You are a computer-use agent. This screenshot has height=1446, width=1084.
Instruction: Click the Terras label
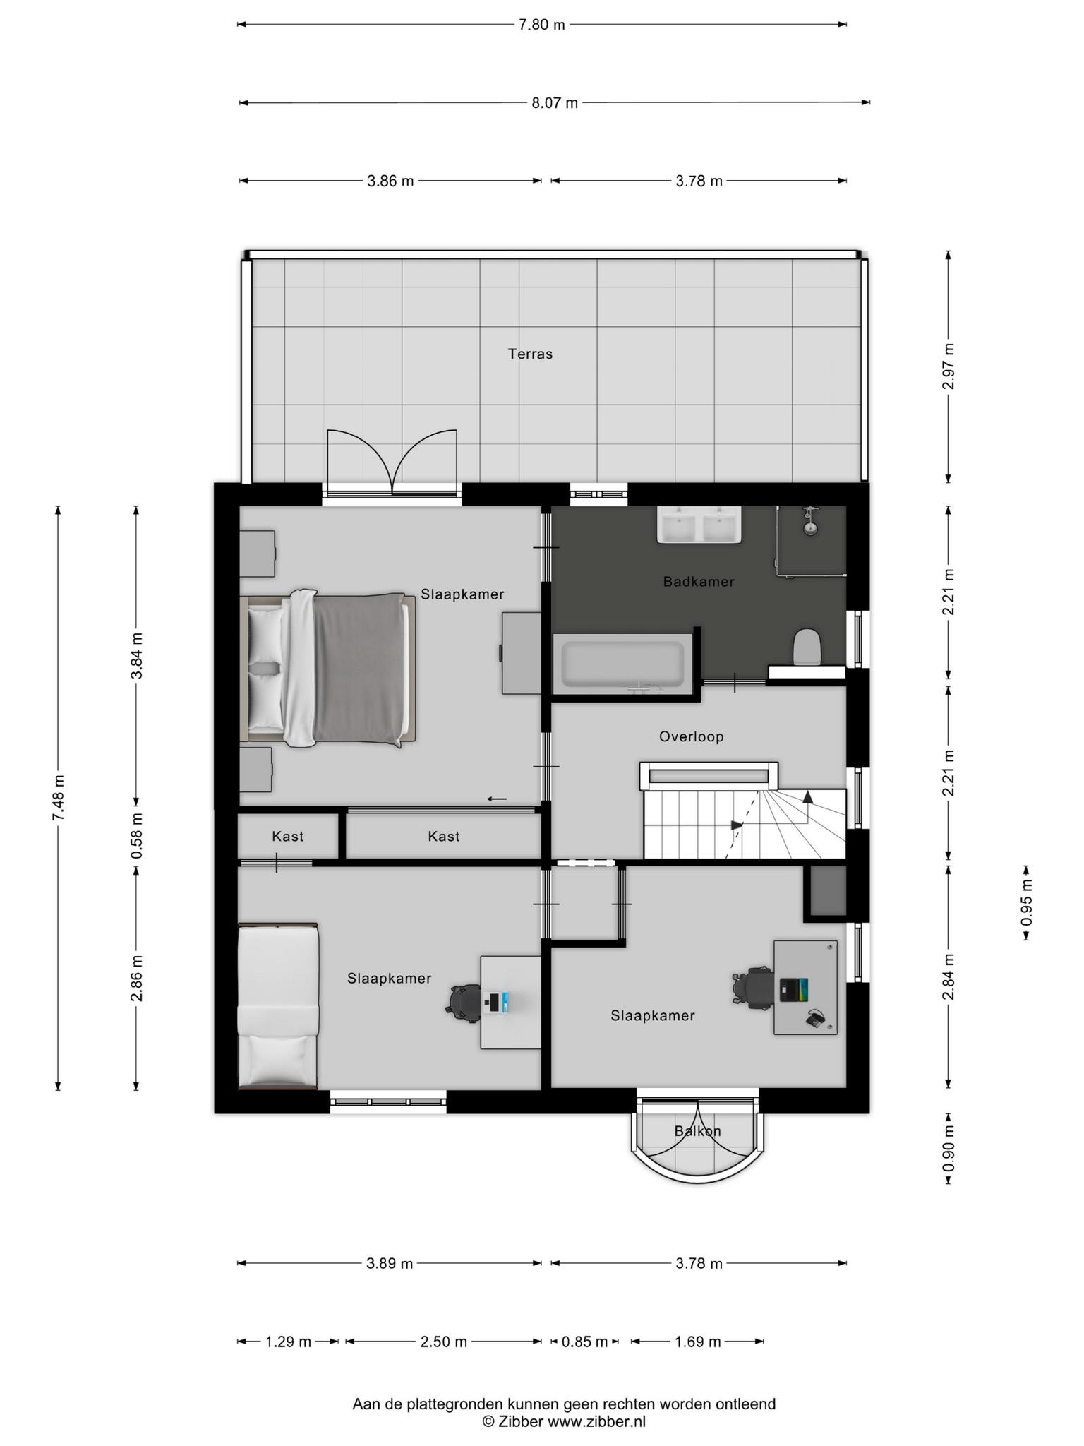pos(530,354)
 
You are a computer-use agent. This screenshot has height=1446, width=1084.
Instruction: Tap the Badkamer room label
pos(699,582)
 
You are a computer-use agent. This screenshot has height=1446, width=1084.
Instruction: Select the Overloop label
pos(692,736)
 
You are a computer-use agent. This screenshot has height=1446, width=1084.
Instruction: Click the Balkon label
pos(697,1131)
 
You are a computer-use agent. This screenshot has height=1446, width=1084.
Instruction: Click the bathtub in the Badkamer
pos(622,664)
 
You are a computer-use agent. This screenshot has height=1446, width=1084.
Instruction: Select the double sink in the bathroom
pos(699,525)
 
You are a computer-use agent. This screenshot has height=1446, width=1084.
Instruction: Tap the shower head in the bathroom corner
pos(811,521)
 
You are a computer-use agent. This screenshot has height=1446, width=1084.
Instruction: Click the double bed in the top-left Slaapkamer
pos(328,669)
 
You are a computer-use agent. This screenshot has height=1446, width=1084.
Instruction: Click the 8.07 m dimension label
pos(555,103)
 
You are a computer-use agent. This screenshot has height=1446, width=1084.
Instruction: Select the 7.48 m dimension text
pos(59,798)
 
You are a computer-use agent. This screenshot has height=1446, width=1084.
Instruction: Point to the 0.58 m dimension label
pos(137,835)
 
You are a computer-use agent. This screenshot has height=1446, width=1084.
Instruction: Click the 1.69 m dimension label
pos(698,1342)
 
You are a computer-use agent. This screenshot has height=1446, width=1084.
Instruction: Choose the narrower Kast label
pos(288,837)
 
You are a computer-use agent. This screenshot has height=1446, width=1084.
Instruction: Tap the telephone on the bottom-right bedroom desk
pos(816,1017)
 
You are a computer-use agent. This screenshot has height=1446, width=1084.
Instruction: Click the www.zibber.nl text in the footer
pos(596,1422)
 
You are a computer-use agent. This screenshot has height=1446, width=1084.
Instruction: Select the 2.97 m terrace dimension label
pos(948,366)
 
